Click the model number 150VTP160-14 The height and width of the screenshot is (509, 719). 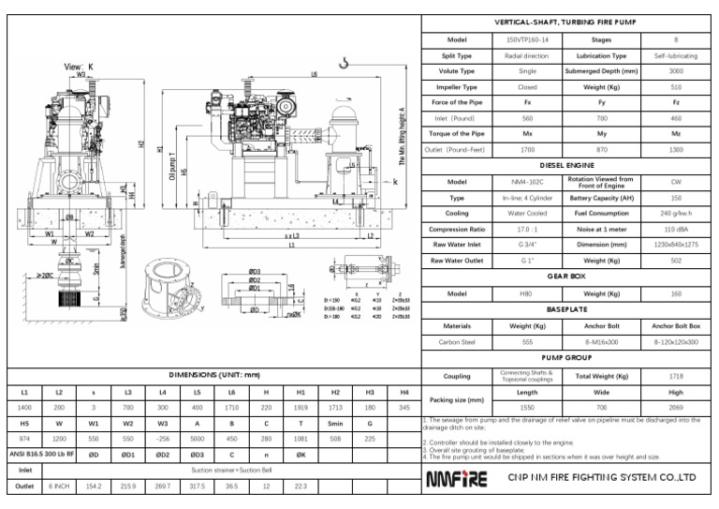point(526,39)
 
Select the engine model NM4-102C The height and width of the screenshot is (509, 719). point(526,182)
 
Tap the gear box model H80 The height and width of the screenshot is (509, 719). point(526,293)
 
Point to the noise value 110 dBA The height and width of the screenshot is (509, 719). point(676,230)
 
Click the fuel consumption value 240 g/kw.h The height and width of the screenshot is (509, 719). point(676,214)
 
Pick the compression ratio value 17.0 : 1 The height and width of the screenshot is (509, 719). point(526,230)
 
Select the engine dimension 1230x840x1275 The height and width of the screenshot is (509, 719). point(676,246)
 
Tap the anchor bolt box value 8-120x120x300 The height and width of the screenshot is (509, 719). point(676,342)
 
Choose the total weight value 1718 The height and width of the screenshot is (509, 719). point(676,376)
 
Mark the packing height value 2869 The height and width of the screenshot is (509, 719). point(676,409)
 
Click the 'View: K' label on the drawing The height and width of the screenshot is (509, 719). point(79,67)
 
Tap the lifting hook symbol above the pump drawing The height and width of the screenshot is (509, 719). point(345,62)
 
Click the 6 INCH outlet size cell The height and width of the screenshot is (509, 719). point(59,487)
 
